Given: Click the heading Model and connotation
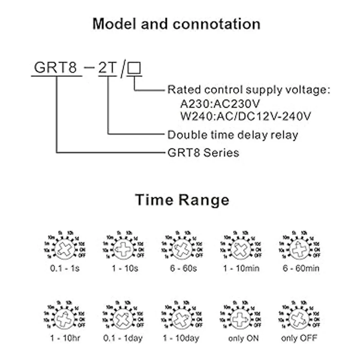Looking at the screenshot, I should pos(176,24).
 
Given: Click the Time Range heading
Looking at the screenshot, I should pos(182,200).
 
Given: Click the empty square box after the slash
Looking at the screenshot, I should pos(134,68).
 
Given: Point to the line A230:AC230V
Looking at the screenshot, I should pos(220,104).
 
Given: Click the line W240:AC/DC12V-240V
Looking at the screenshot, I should pos(246,116).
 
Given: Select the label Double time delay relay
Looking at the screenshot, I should pos(233,135).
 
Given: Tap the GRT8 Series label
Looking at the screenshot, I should pos(203,153).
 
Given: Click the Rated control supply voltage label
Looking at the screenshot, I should pos(248,90).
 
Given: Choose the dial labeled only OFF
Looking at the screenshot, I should pos(299,318).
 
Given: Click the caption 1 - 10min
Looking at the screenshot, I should pos(241,268).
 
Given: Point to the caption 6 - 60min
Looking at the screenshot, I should pos(301,268).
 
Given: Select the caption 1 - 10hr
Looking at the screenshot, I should pos(65,338).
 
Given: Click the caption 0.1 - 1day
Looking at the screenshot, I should pos(123,338).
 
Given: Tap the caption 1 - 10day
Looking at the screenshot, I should pos(181,338).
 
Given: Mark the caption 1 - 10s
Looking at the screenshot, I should pos(125,268).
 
